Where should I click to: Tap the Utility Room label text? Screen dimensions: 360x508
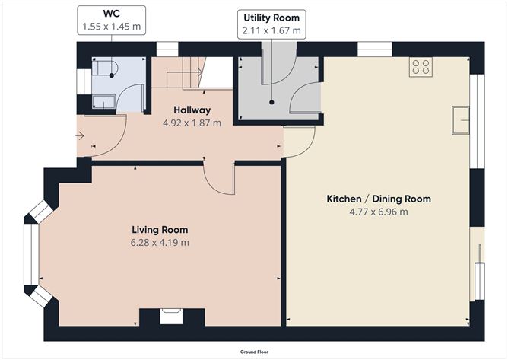click(x=271, y=18)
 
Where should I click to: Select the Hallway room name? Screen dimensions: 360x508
click(x=192, y=110)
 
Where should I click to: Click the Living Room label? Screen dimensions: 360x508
click(x=160, y=229)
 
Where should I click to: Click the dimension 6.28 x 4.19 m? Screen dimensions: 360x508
click(x=160, y=242)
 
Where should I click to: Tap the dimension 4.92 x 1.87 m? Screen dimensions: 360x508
click(x=192, y=123)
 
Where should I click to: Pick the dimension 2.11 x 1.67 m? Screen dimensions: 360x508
click(x=271, y=31)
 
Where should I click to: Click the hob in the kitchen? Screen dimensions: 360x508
click(x=420, y=67)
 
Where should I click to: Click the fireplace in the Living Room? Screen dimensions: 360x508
click(x=171, y=314)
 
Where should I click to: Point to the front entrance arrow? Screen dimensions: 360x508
click(x=81, y=136)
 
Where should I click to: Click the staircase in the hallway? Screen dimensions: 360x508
click(x=183, y=75)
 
